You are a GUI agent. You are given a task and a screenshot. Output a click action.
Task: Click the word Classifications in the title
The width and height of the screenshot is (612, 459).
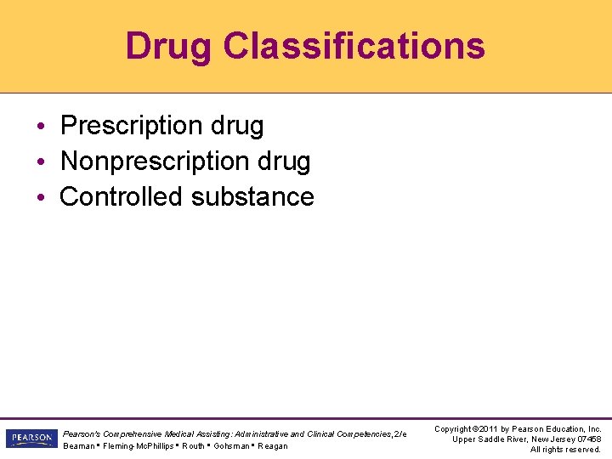pos(354,46)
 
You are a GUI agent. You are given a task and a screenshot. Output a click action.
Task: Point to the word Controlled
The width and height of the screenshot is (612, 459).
pos(122,196)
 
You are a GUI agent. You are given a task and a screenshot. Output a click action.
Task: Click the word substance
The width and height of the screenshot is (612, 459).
pos(252,196)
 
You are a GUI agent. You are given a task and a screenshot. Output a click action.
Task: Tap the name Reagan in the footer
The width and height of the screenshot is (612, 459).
pos(273,446)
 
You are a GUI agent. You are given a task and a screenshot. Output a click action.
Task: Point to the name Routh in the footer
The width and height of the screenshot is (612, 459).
pos(193,446)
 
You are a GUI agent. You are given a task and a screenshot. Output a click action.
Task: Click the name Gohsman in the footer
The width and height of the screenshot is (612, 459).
pos(232,446)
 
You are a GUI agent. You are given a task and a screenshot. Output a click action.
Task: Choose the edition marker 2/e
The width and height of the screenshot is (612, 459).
pos(399,434)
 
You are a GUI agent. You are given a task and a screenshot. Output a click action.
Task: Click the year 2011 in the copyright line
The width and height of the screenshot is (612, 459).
pos(485,429)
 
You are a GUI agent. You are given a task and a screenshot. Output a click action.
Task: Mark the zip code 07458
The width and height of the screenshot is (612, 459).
pos(586,439)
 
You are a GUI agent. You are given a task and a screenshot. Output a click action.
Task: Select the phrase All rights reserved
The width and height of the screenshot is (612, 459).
pos(565,450)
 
